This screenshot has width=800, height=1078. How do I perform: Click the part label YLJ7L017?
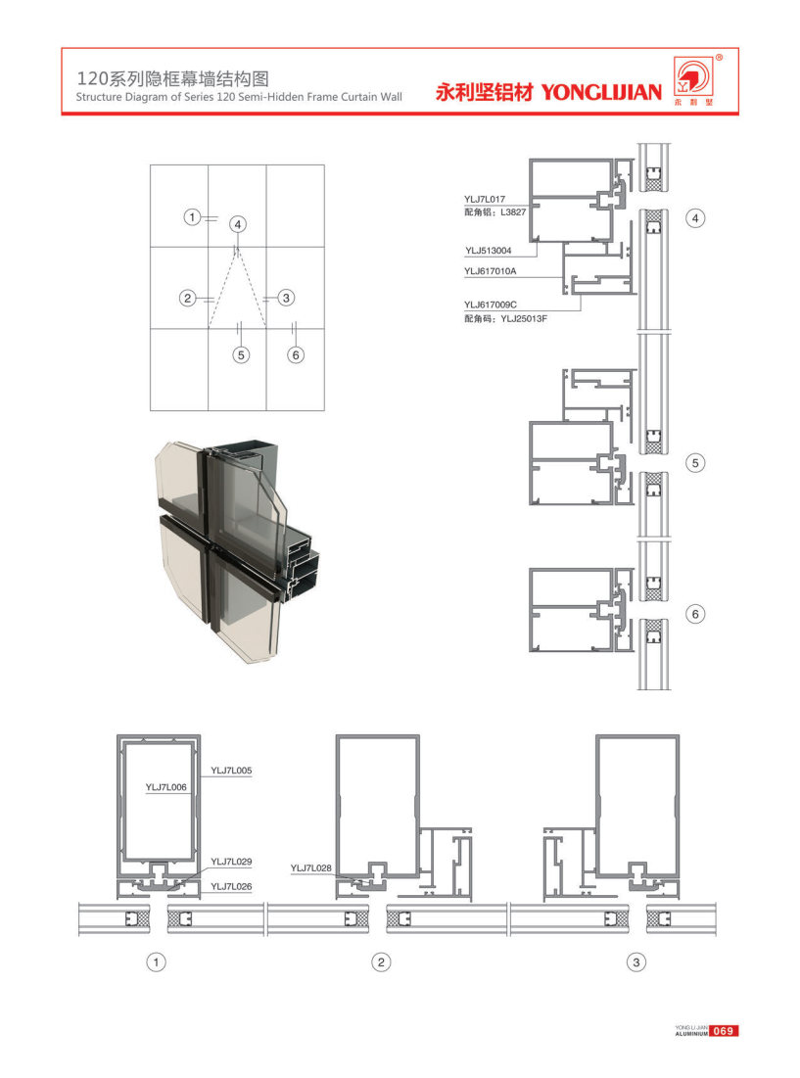485,200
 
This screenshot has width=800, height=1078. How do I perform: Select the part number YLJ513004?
488,251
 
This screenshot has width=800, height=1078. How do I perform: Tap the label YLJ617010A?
490,271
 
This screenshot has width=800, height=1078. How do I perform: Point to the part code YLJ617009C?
490,305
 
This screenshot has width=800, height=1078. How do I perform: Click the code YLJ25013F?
524,319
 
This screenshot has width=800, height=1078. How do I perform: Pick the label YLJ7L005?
231,771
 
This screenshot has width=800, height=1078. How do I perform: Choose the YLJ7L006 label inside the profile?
165,787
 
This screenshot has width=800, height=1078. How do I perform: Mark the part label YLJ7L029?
231,862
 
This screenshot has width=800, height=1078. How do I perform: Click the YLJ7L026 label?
231,887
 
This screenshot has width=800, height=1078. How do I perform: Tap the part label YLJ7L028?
310,868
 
